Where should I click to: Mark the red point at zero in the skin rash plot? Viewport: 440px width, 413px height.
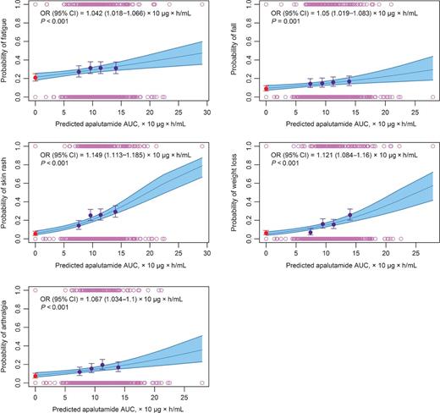tap(35, 233)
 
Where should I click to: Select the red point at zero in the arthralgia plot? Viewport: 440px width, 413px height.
tap(35, 375)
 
